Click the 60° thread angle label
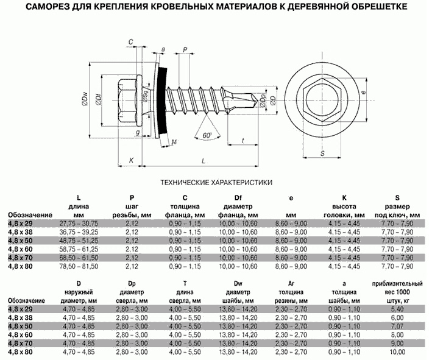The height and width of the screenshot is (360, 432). click(207, 135)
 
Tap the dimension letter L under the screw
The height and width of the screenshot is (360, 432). click(204, 161)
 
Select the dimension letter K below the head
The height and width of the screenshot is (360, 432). click(131, 160)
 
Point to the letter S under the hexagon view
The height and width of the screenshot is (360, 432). click(322, 154)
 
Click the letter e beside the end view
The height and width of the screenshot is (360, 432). click(364, 93)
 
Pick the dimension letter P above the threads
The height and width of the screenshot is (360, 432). click(185, 49)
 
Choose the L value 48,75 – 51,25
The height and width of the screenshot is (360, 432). click(79, 241)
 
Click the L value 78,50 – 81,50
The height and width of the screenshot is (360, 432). click(79, 266)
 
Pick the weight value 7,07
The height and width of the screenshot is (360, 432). click(397, 326)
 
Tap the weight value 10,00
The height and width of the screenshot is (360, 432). click(397, 352)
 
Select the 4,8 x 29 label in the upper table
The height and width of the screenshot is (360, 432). click(20, 224)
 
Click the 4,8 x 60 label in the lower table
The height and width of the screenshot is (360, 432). click(20, 335)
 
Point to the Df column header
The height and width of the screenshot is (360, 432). click(238, 198)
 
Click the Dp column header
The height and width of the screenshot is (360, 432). click(132, 283)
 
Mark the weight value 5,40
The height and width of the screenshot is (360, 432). click(397, 309)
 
